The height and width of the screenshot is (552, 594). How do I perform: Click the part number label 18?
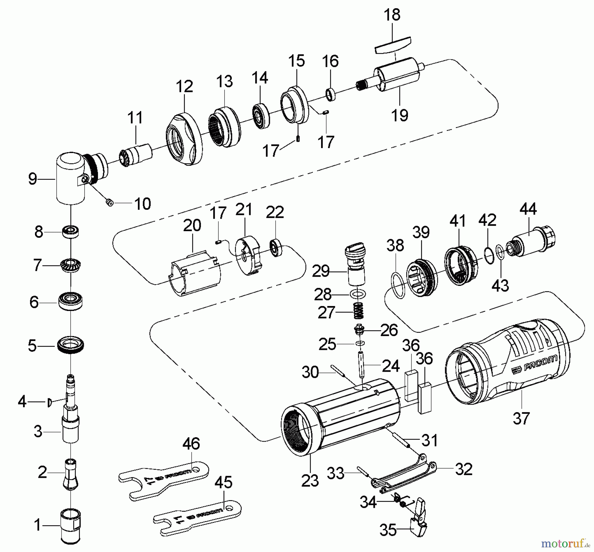tap(392, 15)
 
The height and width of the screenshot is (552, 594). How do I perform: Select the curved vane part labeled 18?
tap(393, 45)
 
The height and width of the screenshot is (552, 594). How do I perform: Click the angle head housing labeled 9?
tap(70, 178)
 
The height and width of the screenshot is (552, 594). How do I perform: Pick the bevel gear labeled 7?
tap(71, 265)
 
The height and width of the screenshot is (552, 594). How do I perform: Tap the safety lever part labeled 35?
tap(417, 521)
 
